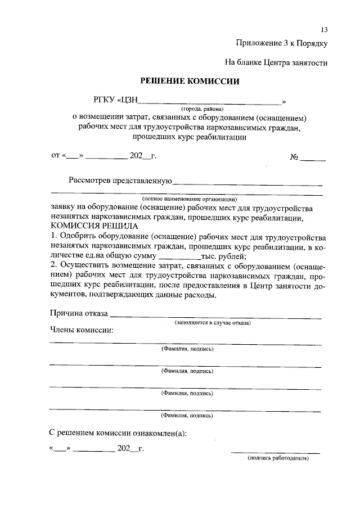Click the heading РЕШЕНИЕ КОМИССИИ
coord(190,81)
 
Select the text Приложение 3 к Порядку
coord(281,43)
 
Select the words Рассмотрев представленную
coord(119,181)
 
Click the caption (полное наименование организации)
coord(190,199)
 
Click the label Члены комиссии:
coord(81,330)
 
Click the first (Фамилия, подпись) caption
coord(187,349)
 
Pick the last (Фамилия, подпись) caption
coord(187,416)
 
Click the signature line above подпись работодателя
coord(275,452)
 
